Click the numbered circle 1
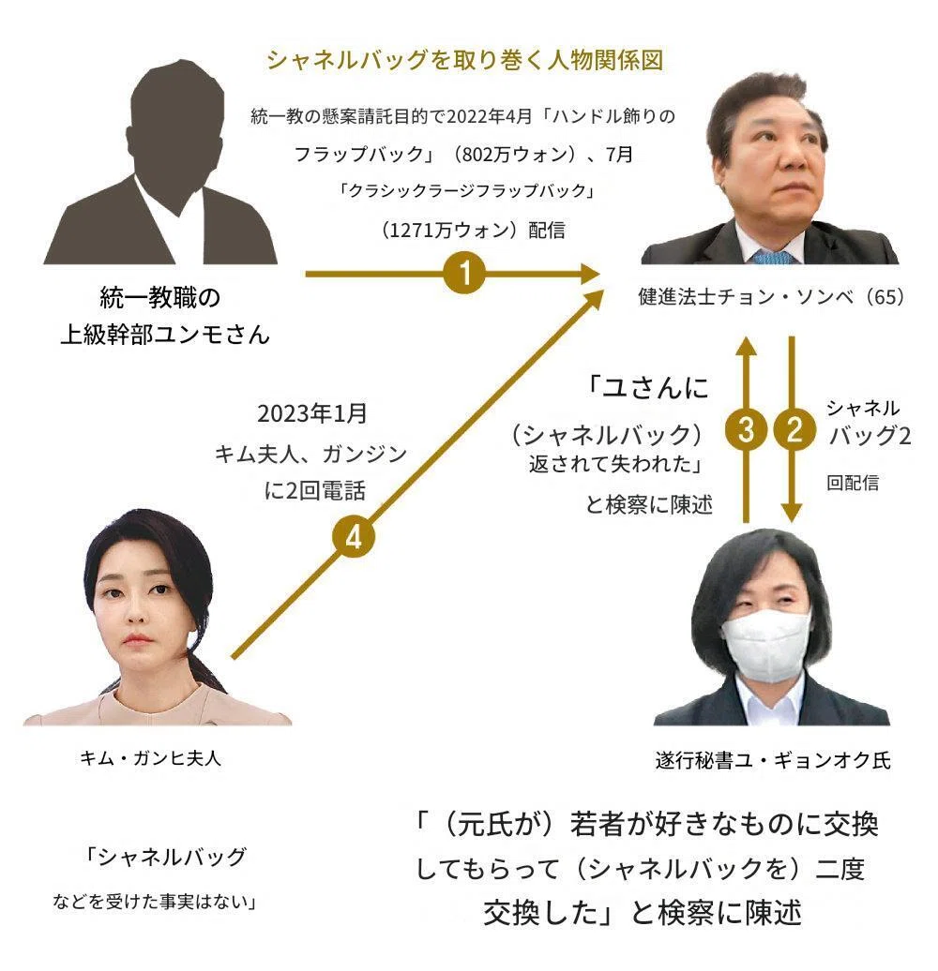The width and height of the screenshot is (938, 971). [x=464, y=273]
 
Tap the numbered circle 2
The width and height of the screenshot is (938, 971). [x=794, y=428]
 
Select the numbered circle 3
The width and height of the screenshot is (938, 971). [x=746, y=428]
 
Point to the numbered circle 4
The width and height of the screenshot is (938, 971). [x=353, y=537]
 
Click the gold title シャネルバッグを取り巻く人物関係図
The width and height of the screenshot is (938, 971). [x=465, y=60]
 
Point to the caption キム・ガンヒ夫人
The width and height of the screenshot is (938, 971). [x=151, y=757]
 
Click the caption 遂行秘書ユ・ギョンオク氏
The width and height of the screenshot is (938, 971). [x=773, y=760]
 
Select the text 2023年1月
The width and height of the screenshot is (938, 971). [x=312, y=413]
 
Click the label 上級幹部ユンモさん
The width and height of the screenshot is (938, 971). [x=165, y=335]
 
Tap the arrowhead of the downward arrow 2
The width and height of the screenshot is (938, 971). [x=791, y=513]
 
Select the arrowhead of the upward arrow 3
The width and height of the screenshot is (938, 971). [x=746, y=346]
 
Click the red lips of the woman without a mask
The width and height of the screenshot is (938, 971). [x=136, y=639]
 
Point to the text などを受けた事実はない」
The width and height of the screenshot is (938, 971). [x=154, y=902]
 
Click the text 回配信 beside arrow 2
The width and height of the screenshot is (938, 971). [x=853, y=483]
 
